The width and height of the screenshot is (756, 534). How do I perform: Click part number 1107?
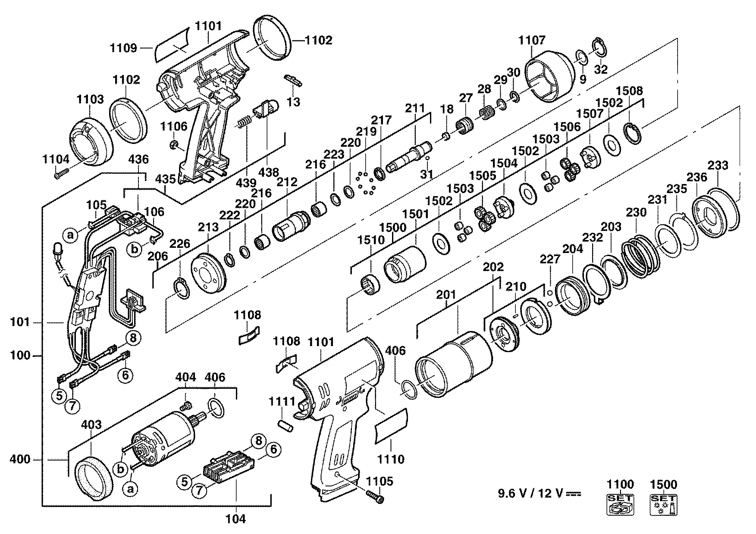click(532, 40)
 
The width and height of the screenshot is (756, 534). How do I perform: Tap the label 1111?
click(282, 402)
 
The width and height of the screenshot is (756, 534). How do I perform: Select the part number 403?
click(91, 425)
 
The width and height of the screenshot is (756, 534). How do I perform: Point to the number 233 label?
click(718, 166)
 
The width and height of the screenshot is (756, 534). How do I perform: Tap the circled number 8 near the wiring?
click(133, 338)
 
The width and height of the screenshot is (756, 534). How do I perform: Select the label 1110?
click(391, 459)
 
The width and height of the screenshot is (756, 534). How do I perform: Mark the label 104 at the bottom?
click(236, 519)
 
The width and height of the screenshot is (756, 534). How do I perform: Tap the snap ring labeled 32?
click(600, 47)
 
